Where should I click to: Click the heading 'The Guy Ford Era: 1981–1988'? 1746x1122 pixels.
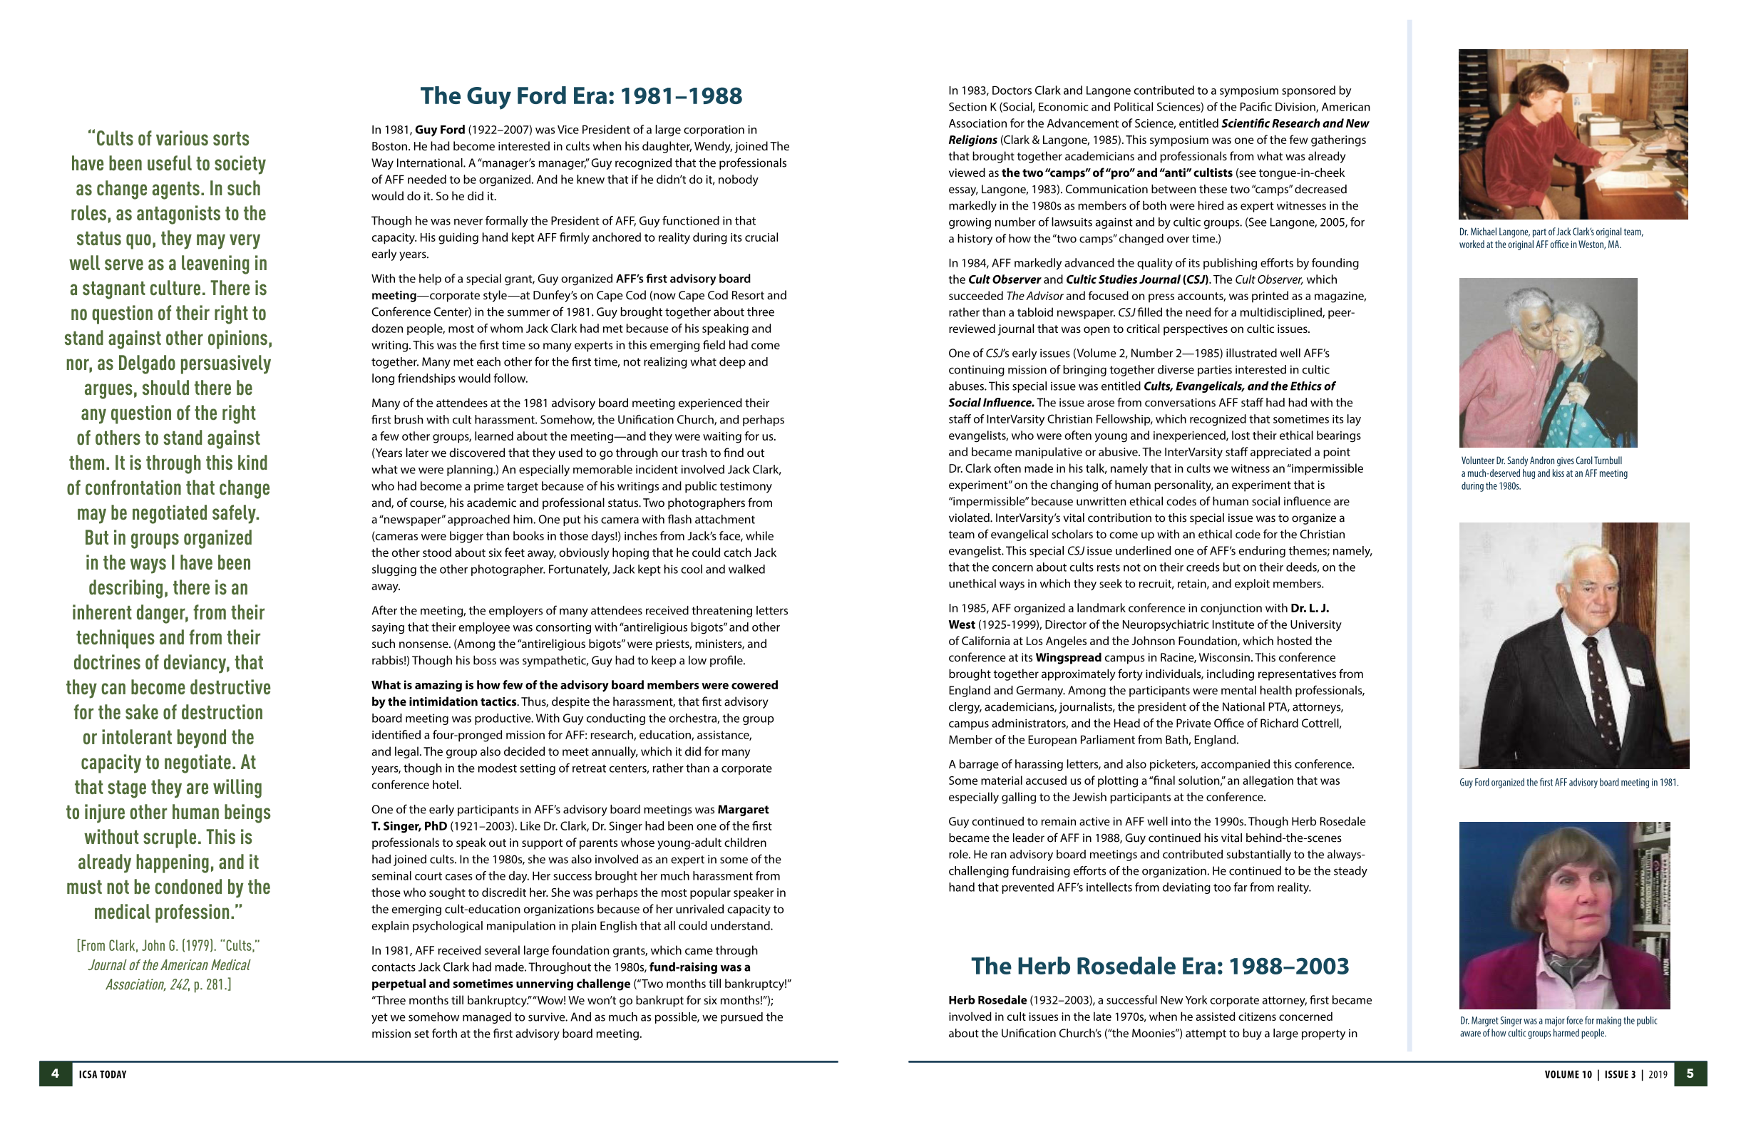click(x=581, y=96)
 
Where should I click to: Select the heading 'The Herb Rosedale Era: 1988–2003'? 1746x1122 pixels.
click(x=1159, y=965)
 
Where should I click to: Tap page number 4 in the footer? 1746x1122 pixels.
click(x=56, y=1074)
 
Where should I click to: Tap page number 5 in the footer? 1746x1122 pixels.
click(x=1690, y=1074)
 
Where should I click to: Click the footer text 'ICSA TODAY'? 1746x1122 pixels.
click(x=103, y=1074)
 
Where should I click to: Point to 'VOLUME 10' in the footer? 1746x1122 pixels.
click(x=1568, y=1074)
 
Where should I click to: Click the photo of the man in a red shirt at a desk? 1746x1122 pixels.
click(x=1573, y=134)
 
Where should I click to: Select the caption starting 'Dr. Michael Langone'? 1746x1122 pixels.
click(x=1550, y=238)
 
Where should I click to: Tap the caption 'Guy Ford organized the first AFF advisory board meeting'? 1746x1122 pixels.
click(x=1568, y=783)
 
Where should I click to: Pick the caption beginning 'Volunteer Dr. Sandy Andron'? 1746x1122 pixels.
click(x=1544, y=473)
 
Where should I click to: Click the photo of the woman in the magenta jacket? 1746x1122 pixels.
click(x=1563, y=915)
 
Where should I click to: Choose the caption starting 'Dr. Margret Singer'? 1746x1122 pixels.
click(x=1558, y=1026)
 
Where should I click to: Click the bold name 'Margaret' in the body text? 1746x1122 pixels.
click(x=743, y=810)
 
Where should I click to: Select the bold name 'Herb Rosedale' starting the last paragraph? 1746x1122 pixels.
click(x=987, y=999)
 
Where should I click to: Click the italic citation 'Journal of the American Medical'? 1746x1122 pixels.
click(x=169, y=964)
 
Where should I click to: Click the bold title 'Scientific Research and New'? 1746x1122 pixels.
click(x=1295, y=123)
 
